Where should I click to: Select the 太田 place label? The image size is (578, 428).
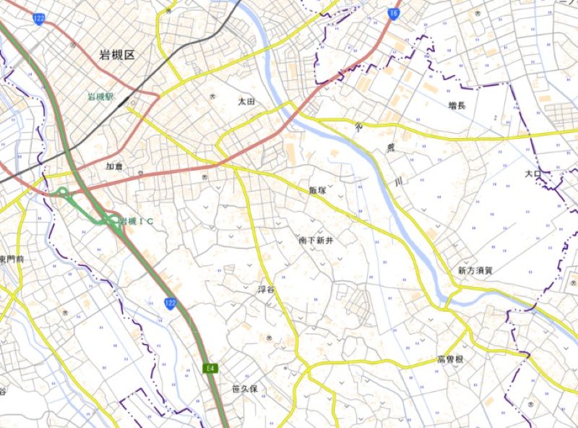(x=247, y=103)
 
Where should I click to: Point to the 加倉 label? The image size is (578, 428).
(x=114, y=167)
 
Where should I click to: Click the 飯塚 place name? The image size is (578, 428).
(x=317, y=191)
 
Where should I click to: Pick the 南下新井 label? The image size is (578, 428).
(x=316, y=239)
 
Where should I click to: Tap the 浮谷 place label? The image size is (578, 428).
(x=267, y=290)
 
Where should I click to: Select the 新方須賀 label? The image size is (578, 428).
(x=474, y=270)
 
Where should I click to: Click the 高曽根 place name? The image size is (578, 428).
(x=449, y=360)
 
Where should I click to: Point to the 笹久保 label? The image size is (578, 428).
(x=245, y=389)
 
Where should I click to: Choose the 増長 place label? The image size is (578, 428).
(x=457, y=106)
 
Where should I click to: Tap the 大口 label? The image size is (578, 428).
(x=533, y=174)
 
